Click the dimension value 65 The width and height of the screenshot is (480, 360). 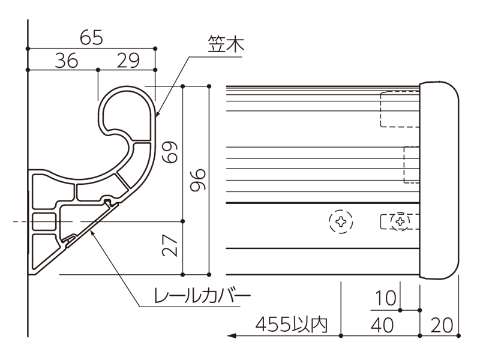click(x=91, y=38)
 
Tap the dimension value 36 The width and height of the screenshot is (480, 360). click(x=67, y=61)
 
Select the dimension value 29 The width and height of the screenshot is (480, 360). click(x=128, y=61)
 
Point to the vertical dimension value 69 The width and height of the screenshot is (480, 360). click(x=170, y=152)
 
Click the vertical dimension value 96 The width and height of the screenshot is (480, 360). click(x=198, y=180)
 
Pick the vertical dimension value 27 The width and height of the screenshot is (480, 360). click(x=170, y=245)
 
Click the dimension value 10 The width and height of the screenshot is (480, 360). click(x=385, y=298)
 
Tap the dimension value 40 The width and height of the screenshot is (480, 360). click(x=382, y=325)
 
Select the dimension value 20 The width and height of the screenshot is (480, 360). click(x=442, y=325)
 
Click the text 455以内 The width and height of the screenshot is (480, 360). click(x=292, y=325)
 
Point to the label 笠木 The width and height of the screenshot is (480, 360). click(x=226, y=43)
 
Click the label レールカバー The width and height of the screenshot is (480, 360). click(x=202, y=295)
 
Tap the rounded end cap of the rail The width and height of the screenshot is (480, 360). click(x=439, y=180)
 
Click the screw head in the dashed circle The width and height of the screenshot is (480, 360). click(x=341, y=221)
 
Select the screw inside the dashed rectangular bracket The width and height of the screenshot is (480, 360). click(x=400, y=221)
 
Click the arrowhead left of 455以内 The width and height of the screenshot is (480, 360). click(x=232, y=336)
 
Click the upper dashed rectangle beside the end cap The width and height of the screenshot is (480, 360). click(x=400, y=109)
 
